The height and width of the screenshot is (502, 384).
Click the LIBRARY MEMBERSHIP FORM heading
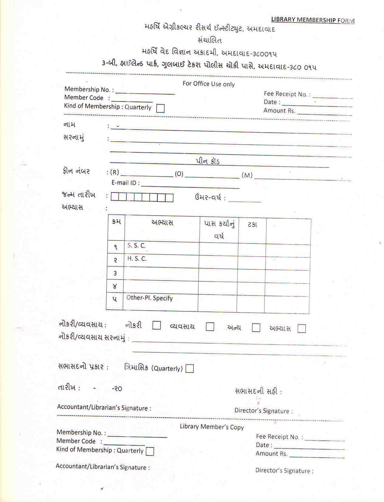pos(313,20)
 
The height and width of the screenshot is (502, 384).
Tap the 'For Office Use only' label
pos(208,84)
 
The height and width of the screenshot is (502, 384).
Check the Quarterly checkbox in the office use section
pos(160,108)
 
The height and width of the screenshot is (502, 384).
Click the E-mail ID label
pos(125,183)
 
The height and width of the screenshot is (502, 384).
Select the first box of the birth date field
pos(115,197)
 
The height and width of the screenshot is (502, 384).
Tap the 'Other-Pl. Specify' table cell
pos(149,298)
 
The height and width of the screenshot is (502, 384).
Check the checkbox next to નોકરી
pos(156,325)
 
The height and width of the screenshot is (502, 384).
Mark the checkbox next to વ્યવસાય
pos(210,327)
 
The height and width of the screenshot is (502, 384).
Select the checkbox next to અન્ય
pos(256,328)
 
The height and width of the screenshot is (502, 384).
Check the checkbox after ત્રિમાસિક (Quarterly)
pos(190,369)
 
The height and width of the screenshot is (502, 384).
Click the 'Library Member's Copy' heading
pos(212,427)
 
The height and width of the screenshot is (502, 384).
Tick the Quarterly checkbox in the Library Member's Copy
pos(150,451)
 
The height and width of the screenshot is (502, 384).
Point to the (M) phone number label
pos(247,175)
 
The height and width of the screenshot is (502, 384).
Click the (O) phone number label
pos(179,174)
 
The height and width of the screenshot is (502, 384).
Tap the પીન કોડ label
pos(207,161)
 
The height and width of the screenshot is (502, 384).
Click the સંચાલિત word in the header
pos(210,40)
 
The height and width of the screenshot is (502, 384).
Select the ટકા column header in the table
pos(252,225)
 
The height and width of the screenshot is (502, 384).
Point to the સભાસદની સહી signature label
pos(258,392)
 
